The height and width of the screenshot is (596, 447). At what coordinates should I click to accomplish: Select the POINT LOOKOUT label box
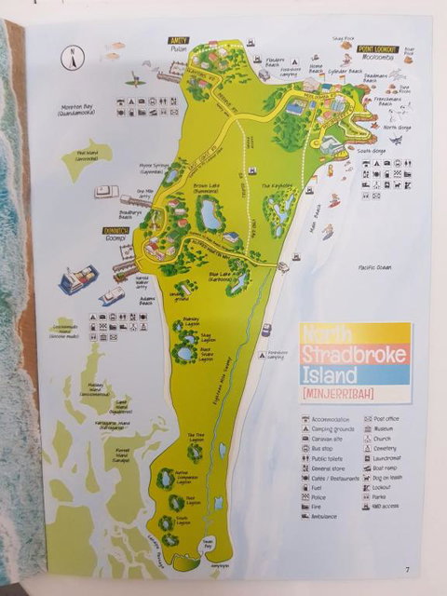click(377, 47)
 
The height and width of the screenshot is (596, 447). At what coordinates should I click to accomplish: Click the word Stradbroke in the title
click(355, 353)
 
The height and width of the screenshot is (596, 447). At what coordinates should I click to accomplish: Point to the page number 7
click(407, 570)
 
